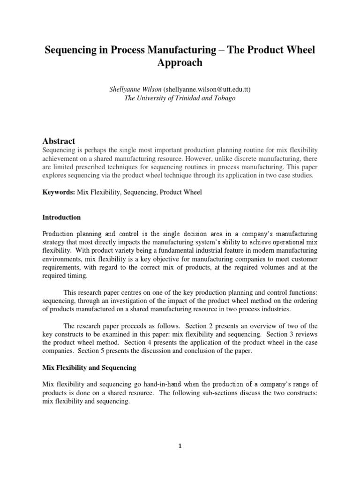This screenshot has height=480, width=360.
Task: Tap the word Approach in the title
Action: pyautogui.click(x=180, y=63)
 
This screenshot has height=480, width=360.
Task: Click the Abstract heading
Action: pyautogui.click(x=59, y=141)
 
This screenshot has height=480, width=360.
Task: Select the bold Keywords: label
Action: pyautogui.click(x=58, y=193)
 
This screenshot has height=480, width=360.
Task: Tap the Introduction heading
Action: pyautogui.click(x=61, y=217)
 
